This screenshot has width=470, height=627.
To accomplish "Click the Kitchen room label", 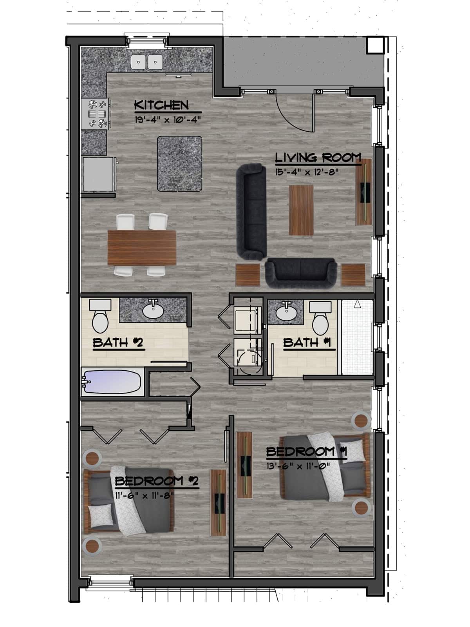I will click(x=161, y=105).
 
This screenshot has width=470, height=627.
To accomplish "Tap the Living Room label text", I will click(x=318, y=158).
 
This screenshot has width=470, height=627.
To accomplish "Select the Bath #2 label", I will click(x=118, y=343).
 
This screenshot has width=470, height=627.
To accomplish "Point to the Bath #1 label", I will click(x=307, y=342).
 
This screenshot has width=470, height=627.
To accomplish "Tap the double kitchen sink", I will click(x=147, y=61).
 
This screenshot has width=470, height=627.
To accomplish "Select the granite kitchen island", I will click(x=180, y=163).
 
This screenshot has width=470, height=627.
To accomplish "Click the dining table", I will click(x=141, y=248).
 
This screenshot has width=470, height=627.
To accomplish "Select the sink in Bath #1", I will click(x=286, y=312).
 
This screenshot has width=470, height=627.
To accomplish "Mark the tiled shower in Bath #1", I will click(x=356, y=337).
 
